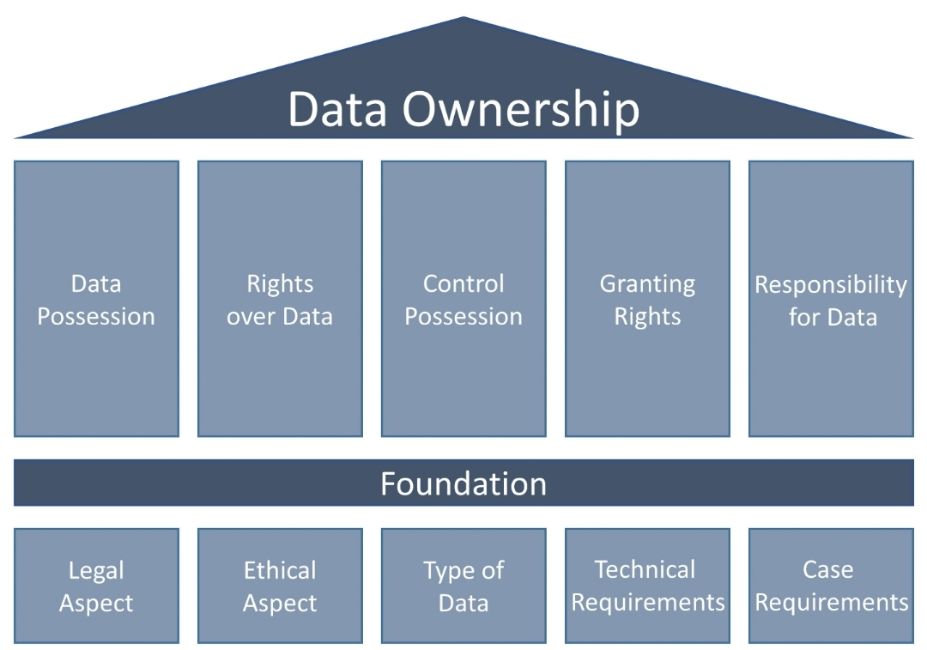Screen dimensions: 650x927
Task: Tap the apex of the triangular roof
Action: pos(463,20)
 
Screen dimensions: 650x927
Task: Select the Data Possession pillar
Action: pos(96,299)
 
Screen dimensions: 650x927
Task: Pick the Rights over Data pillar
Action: pos(280,299)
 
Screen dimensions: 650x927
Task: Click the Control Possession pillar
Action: pos(463,299)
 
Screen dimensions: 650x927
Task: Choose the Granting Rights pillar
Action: pos(647,299)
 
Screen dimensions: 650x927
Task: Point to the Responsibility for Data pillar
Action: pos(831,299)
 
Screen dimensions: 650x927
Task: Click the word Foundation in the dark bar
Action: pos(463,483)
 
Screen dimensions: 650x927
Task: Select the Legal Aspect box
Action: pos(96,586)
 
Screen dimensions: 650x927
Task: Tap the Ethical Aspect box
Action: pos(280,586)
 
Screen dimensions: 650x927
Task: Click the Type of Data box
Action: pos(463,586)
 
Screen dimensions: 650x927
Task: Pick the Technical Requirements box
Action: pos(647,586)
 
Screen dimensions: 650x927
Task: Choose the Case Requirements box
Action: pos(831,586)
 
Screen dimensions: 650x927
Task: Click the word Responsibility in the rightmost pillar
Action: pos(831,284)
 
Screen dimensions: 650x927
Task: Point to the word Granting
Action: pos(647,284)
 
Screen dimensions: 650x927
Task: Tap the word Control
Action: pos(463,283)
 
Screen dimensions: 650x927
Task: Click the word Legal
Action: pos(96,571)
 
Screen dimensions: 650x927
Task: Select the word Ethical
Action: pos(280,570)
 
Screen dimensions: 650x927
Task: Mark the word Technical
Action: pos(645,569)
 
